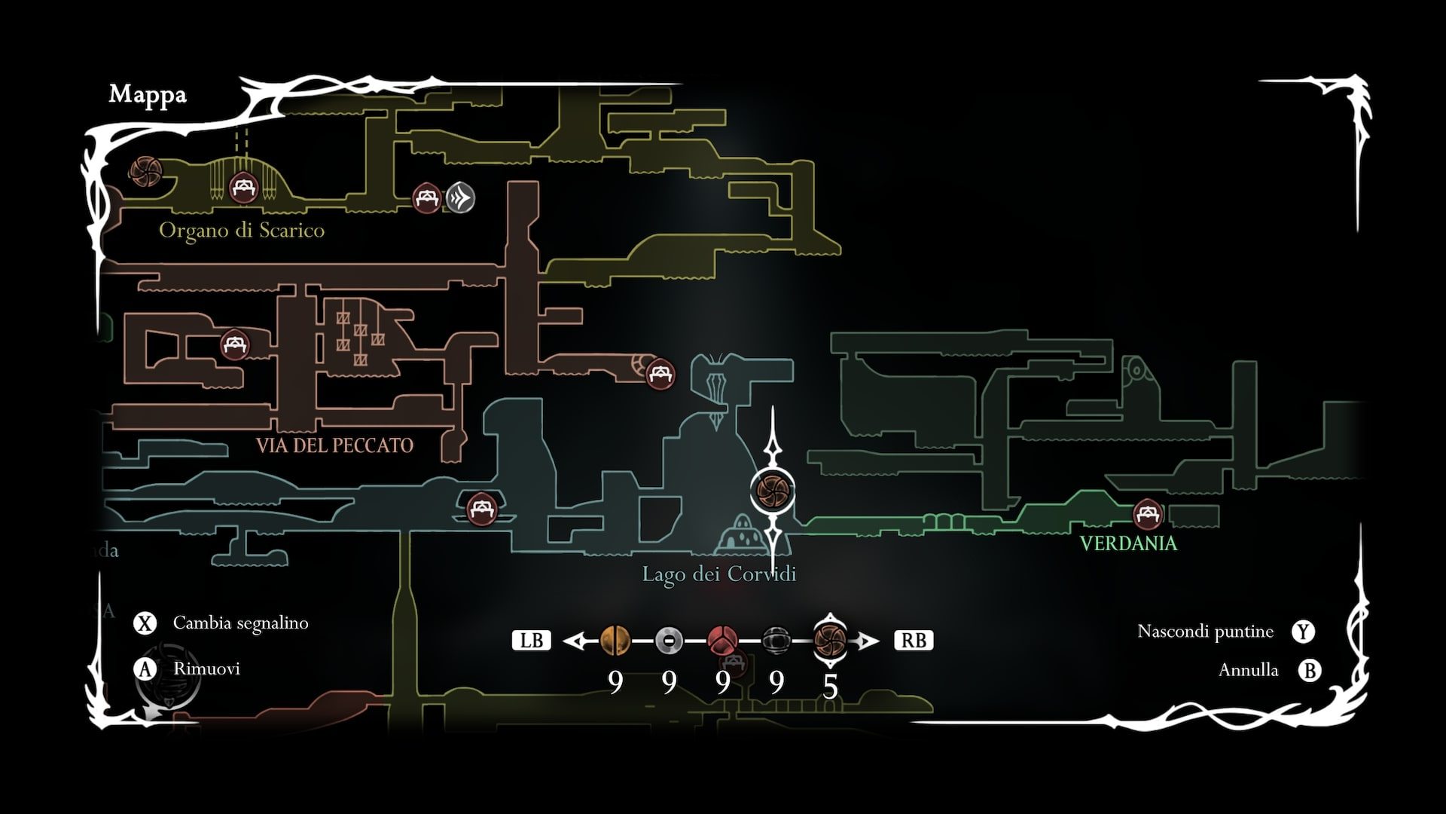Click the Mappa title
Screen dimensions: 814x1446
148,95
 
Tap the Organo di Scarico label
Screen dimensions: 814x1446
242,231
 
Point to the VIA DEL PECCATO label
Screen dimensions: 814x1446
334,445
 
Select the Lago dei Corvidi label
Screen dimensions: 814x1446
718,574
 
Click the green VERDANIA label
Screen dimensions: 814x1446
1127,543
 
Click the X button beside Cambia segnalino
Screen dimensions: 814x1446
145,623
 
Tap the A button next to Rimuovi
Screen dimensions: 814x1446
145,669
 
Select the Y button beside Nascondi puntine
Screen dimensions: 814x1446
1303,632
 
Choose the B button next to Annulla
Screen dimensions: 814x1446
1310,670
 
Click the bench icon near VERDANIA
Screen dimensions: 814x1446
1147,514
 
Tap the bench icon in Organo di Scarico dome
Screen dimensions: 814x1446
243,188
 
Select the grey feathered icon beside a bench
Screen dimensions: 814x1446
460,198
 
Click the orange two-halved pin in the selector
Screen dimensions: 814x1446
615,641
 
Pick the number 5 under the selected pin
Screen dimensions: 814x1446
830,687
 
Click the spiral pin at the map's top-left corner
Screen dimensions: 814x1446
144,173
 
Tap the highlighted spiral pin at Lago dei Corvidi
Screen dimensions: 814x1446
773,489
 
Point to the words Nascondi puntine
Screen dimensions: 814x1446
1205,632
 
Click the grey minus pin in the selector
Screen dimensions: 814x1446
669,641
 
